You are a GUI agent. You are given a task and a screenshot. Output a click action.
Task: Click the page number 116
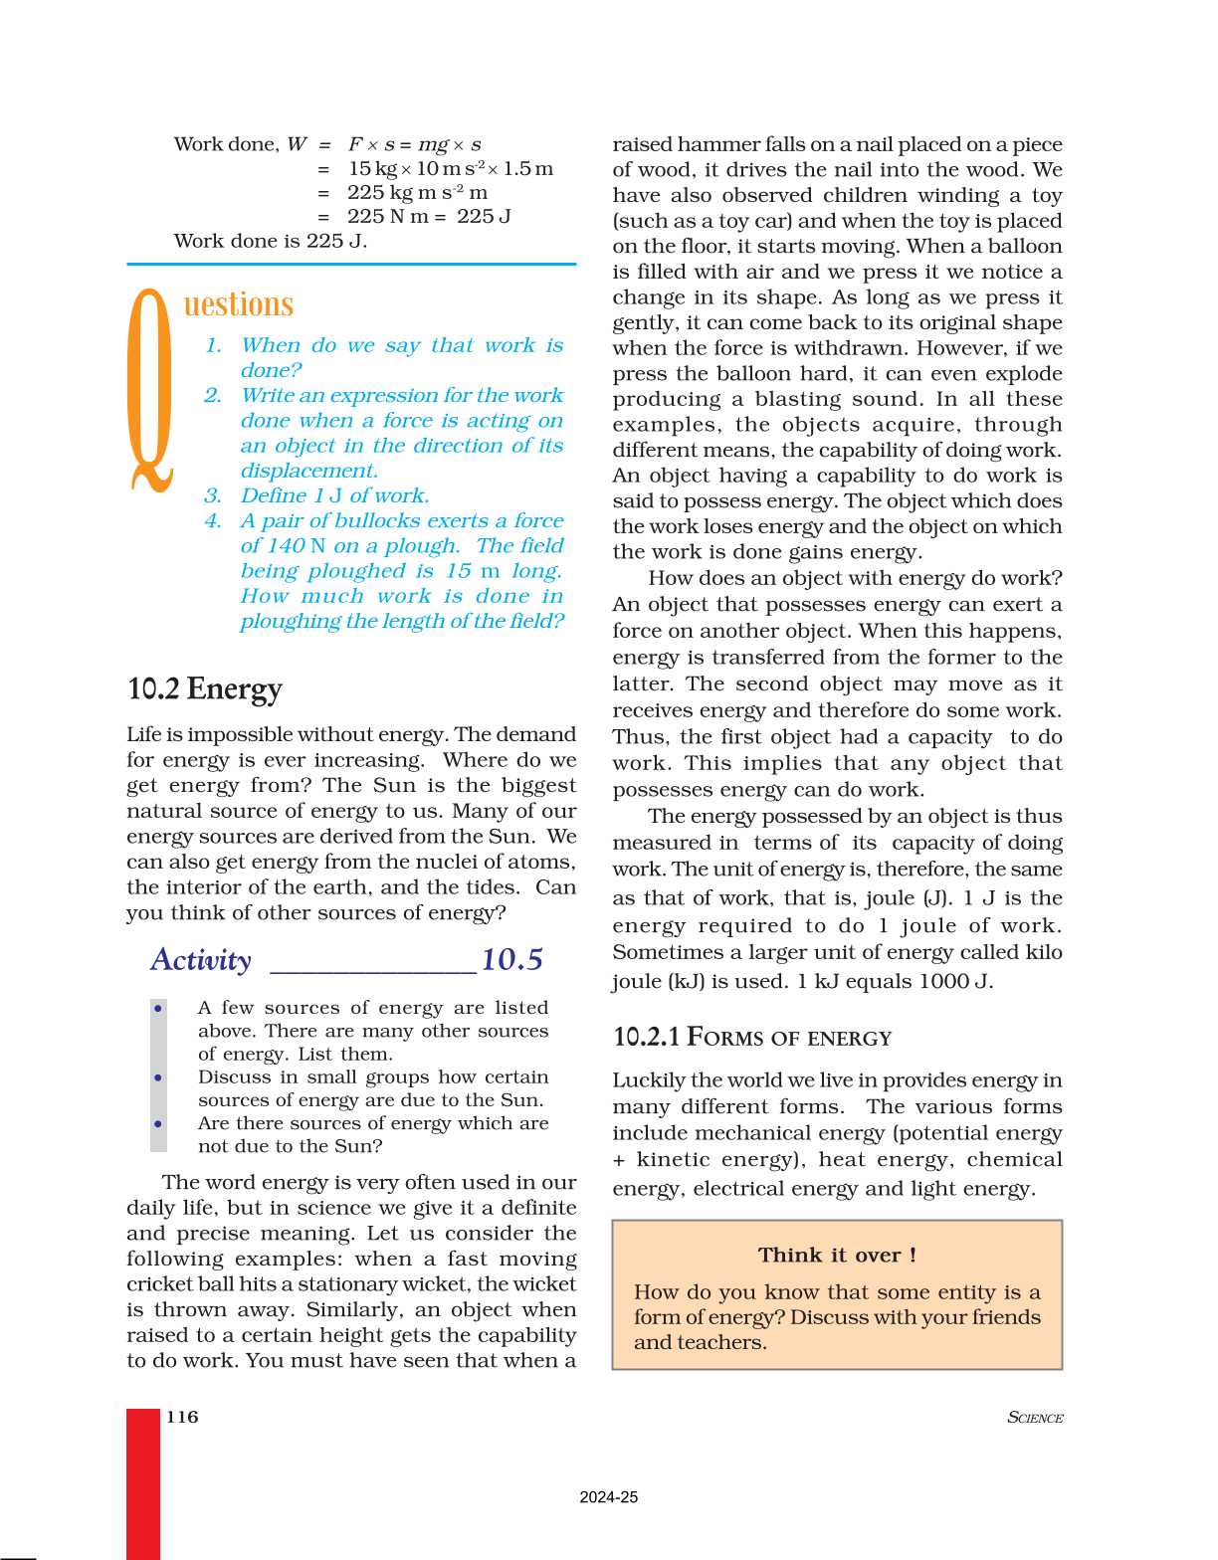click(182, 1417)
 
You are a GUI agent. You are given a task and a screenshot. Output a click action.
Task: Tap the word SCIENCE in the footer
click(1035, 1418)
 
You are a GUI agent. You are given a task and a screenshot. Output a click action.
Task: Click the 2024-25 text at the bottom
click(608, 1497)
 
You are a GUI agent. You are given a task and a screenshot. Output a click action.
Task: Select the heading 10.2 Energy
click(204, 688)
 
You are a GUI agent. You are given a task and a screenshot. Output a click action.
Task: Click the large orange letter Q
click(151, 390)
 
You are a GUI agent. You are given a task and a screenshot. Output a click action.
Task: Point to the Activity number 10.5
click(511, 960)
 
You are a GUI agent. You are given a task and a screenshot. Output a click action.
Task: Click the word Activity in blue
click(201, 960)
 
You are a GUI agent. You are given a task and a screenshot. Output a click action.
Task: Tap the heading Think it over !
click(837, 1255)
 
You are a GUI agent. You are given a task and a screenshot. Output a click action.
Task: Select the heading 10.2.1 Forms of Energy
click(751, 1038)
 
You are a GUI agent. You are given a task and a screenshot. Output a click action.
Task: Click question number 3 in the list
click(213, 495)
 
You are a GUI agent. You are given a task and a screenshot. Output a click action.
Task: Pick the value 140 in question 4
click(286, 546)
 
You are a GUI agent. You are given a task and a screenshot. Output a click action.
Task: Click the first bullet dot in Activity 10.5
click(158, 1009)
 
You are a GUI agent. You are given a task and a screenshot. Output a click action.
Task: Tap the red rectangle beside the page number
click(143, 1482)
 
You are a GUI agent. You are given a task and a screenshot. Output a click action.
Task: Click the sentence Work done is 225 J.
click(270, 241)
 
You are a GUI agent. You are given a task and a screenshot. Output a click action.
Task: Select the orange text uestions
click(239, 304)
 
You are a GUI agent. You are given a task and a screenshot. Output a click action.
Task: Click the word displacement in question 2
click(307, 471)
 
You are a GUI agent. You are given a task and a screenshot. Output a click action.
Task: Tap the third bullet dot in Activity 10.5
click(158, 1123)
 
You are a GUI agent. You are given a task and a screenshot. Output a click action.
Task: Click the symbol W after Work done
click(297, 144)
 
